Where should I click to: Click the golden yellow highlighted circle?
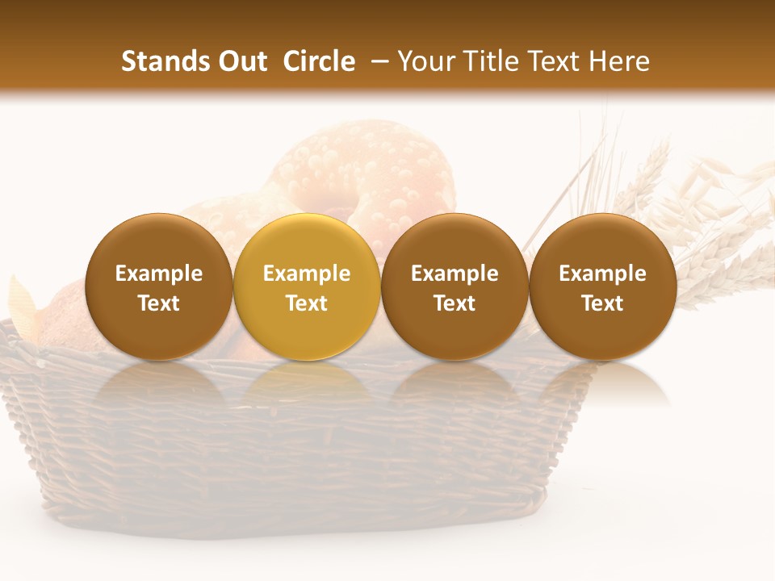307,286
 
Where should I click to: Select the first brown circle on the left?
159,286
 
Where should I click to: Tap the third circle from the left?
455,286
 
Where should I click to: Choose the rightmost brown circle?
603,286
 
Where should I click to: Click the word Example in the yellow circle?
307,274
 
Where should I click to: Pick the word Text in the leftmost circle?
159,303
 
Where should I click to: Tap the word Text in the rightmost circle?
603,303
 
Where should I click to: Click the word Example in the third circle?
455,274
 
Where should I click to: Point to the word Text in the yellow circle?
307,303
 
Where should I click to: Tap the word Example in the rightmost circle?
603,274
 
